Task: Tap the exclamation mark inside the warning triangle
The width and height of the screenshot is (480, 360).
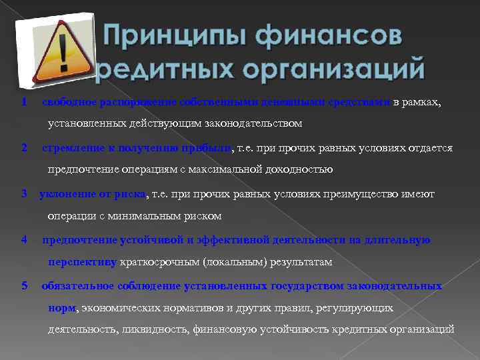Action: pos(65,53)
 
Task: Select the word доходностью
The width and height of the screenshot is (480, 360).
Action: pos(297,169)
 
